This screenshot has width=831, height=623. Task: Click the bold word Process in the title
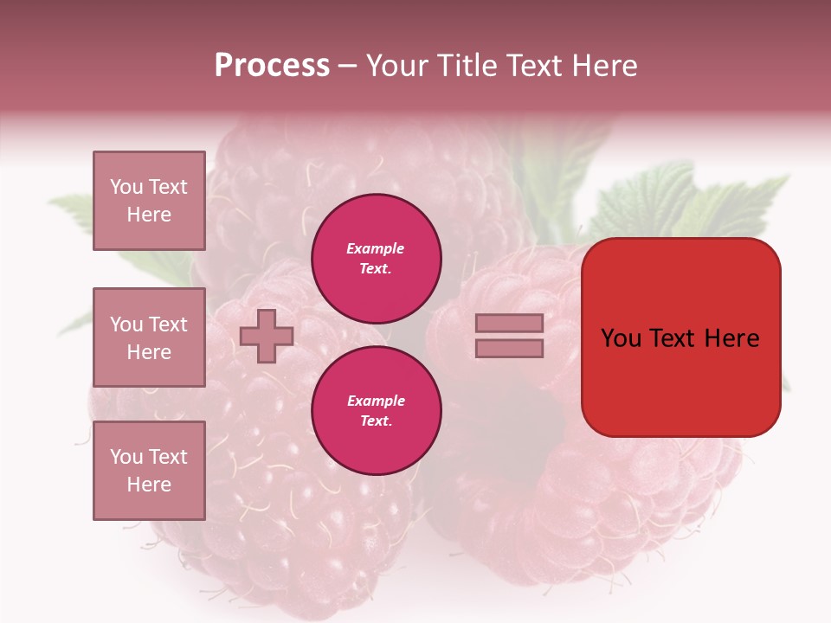coord(272,65)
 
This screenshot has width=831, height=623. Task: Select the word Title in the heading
coord(467,65)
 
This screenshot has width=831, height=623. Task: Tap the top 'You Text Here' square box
coord(149,201)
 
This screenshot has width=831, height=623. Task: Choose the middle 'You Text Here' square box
coord(149,337)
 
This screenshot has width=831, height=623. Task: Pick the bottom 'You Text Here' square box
coord(149,471)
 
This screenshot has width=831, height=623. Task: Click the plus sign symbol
coord(267,336)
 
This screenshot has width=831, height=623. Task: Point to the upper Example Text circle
coord(376,258)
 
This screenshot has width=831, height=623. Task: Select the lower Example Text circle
coord(376,410)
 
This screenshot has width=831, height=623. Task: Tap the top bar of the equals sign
coord(509,323)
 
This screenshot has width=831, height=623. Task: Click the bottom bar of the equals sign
coord(509,348)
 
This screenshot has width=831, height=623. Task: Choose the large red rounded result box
coord(680,337)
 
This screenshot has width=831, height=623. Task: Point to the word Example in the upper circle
coord(375,248)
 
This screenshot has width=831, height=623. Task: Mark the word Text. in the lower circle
coord(377,421)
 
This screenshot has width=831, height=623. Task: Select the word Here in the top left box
coord(149,215)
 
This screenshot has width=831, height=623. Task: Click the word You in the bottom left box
coord(126,457)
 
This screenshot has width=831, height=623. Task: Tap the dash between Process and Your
coord(347,66)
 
